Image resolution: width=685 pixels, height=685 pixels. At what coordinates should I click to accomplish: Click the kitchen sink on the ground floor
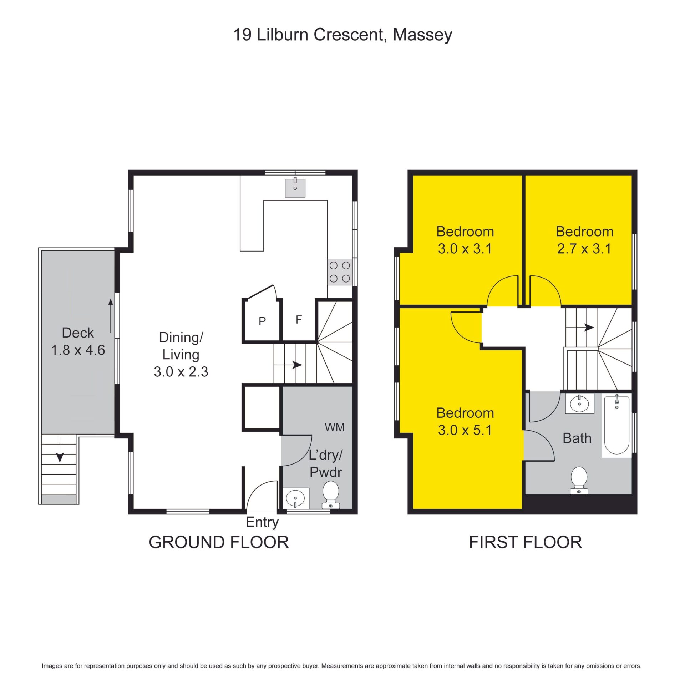click(295, 188)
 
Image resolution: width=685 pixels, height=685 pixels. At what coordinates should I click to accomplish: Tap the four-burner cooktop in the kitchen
click(340, 272)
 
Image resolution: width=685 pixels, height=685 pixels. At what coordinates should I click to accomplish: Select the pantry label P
click(262, 321)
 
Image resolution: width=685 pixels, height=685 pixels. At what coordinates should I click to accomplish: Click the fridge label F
click(299, 320)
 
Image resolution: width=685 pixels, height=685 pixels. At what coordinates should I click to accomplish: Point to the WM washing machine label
click(335, 427)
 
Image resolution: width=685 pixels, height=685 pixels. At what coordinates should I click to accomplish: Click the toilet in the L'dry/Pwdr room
click(331, 494)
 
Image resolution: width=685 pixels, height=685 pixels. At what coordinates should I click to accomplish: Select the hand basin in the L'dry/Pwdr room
click(296, 498)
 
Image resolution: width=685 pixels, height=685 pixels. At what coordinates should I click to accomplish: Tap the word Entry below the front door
click(262, 522)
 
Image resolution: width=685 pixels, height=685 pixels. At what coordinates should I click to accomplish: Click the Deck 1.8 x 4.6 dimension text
click(78, 350)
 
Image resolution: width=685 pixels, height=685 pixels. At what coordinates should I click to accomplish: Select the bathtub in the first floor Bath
click(617, 425)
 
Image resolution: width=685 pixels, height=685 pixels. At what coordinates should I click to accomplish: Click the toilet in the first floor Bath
click(579, 480)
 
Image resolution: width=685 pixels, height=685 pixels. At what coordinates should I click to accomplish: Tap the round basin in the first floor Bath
click(579, 404)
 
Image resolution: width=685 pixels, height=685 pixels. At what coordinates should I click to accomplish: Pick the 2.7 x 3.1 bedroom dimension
click(584, 249)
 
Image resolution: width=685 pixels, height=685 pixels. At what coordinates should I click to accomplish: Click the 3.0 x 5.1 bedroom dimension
click(465, 430)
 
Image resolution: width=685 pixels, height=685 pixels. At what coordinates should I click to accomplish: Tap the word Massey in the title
click(422, 35)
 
